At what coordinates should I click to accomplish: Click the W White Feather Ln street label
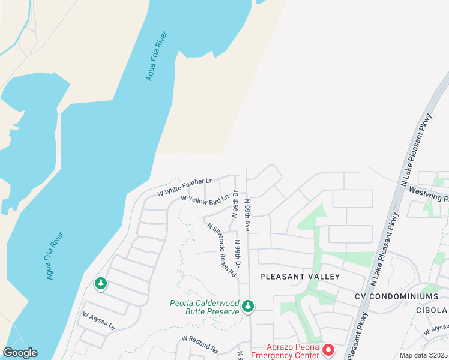click(x=185, y=187)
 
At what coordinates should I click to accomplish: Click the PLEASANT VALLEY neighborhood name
click(x=300, y=277)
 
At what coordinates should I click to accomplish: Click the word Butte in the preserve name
click(x=192, y=311)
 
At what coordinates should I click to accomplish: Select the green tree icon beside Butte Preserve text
click(x=248, y=307)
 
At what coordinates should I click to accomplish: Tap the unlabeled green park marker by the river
click(x=101, y=283)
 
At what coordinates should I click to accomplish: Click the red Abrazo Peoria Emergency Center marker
click(x=328, y=349)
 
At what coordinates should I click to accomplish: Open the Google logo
click(x=20, y=353)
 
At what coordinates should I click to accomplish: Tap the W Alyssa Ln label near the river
click(x=98, y=321)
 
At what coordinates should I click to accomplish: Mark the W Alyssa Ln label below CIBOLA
click(x=435, y=329)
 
